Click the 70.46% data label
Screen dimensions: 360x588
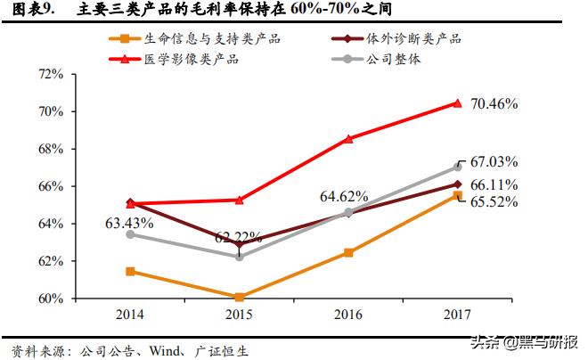coord(494,103)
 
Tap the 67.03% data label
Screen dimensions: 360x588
coord(494,161)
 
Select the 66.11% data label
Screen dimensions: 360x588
coord(494,184)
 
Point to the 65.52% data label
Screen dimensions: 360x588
coord(494,201)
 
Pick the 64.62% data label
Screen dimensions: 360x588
coord(337,195)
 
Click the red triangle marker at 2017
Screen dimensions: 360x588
coord(457,103)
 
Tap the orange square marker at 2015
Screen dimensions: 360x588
coord(240,297)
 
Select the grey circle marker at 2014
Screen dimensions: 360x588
coord(130,234)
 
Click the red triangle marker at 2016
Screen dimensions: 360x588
coord(348,139)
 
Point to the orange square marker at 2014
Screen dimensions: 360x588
coord(130,271)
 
